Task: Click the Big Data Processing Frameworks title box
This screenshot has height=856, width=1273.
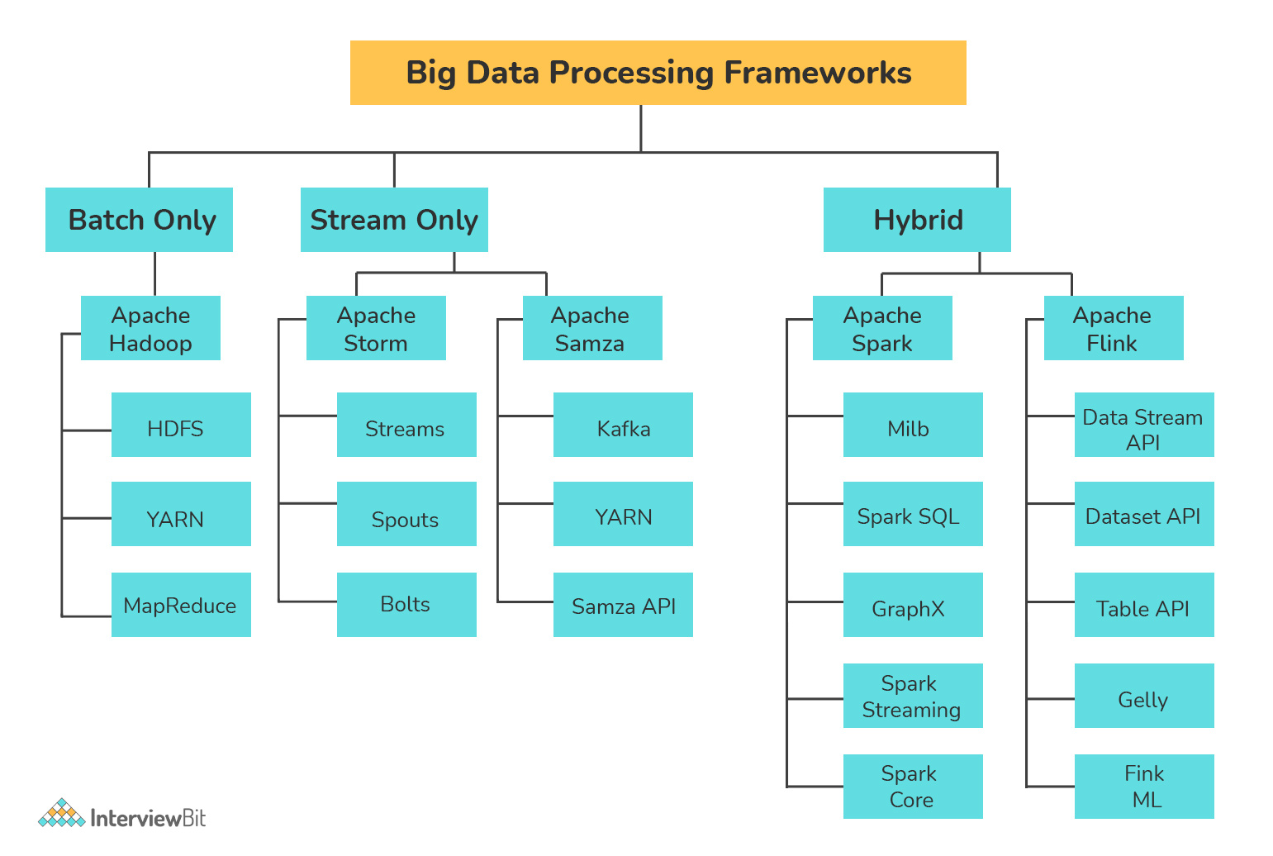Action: click(x=658, y=73)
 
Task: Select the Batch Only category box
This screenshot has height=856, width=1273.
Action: click(x=139, y=220)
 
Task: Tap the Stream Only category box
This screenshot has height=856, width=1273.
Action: click(x=394, y=220)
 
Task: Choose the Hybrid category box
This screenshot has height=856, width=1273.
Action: click(x=917, y=220)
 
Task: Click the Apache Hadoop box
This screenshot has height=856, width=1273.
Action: click(x=150, y=328)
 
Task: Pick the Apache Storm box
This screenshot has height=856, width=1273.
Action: click(x=376, y=328)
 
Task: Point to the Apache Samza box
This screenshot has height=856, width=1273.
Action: click(x=592, y=328)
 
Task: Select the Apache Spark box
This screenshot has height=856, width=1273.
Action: click(x=882, y=328)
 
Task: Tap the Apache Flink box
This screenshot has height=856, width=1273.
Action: click(x=1114, y=328)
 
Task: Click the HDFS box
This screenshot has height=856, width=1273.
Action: click(x=181, y=425)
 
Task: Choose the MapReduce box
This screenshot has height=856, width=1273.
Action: click(x=181, y=605)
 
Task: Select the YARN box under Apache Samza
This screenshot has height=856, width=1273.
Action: click(x=623, y=514)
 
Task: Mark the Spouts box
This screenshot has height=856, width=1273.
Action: click(x=406, y=514)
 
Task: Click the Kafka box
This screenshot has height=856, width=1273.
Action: click(x=623, y=425)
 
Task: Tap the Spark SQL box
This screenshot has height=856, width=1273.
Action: click(x=913, y=514)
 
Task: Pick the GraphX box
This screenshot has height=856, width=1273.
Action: click(x=913, y=605)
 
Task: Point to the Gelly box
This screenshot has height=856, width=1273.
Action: click(x=1144, y=696)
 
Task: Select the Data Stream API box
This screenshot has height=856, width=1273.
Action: click(x=1144, y=425)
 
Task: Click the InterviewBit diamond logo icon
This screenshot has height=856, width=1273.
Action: click(x=61, y=814)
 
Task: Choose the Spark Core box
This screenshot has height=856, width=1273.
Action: click(x=913, y=787)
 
